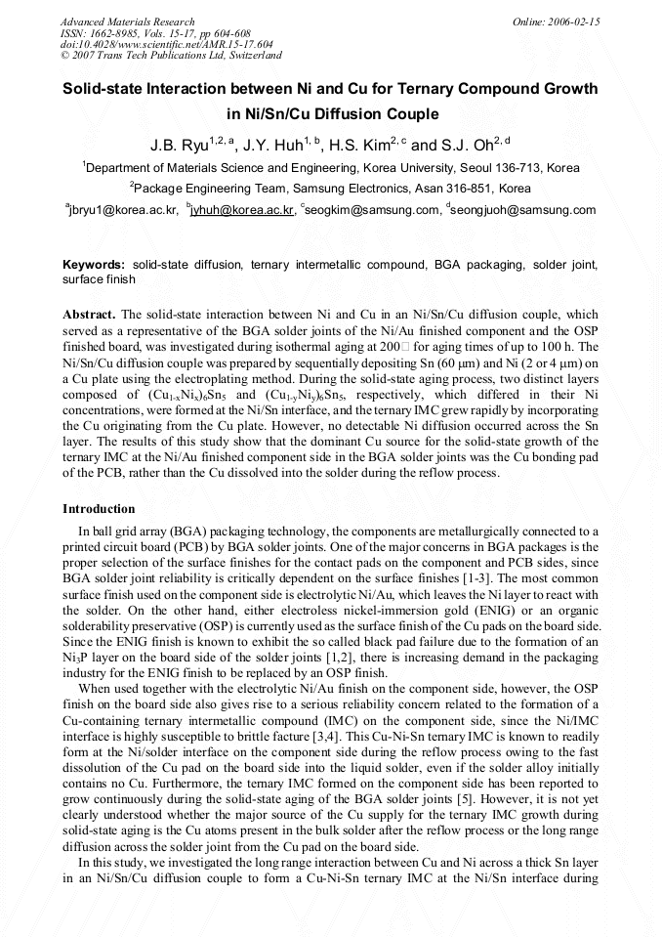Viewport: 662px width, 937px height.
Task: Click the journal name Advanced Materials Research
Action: click(127, 21)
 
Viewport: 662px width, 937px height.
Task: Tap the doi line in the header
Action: click(167, 45)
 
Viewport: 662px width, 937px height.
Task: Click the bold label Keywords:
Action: click(94, 265)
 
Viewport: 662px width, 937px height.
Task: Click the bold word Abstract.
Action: click(89, 315)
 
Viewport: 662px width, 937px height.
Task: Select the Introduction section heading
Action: click(99, 509)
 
